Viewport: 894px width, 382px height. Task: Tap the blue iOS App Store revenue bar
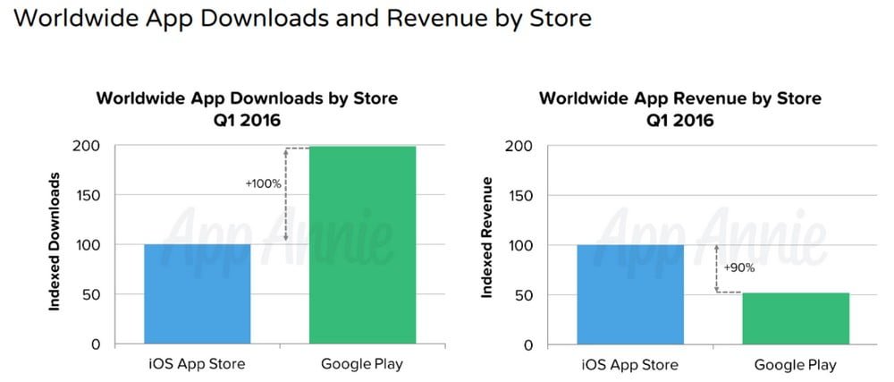629,294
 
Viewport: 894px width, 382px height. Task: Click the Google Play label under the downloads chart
362,364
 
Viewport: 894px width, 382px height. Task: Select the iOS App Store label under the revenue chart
629,364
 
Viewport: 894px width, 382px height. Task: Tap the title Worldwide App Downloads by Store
247,98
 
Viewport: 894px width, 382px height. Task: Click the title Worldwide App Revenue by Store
680,98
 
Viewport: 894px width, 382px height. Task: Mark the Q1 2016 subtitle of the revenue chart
680,119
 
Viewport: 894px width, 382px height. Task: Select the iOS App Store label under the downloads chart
198,364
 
